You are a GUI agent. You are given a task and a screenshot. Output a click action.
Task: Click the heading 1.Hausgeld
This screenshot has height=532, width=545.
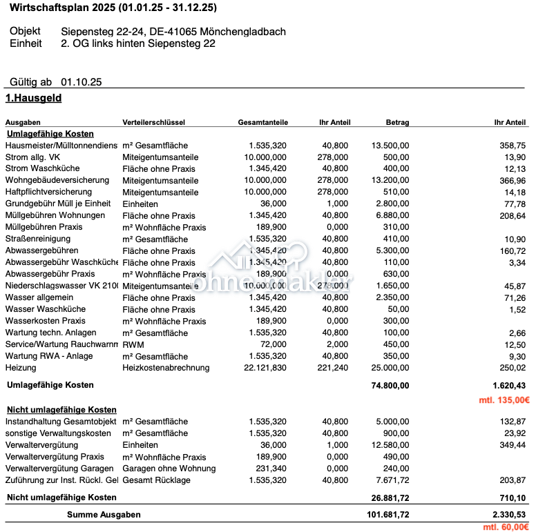pyautogui.click(x=33, y=99)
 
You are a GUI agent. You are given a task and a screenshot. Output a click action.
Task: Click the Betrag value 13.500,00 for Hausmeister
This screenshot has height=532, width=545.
pyautogui.click(x=390, y=146)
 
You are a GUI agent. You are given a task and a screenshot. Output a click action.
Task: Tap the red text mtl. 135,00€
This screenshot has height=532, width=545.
pyautogui.click(x=505, y=400)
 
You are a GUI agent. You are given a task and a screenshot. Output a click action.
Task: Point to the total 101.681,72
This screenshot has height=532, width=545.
pyautogui.click(x=388, y=515)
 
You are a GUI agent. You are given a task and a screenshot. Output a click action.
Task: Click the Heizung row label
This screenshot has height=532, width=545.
pyautogui.click(x=21, y=368)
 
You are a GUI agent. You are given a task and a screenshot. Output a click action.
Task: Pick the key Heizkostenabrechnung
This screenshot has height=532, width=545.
pyautogui.click(x=166, y=368)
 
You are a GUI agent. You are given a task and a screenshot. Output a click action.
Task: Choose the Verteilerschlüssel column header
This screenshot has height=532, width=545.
pyautogui.click(x=153, y=122)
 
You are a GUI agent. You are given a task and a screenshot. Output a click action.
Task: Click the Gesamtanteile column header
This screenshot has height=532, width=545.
pyautogui.click(x=262, y=122)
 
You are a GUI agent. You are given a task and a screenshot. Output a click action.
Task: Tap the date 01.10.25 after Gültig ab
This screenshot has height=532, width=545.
pyautogui.click(x=82, y=82)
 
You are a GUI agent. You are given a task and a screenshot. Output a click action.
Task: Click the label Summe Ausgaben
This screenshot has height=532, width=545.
pyautogui.click(x=104, y=515)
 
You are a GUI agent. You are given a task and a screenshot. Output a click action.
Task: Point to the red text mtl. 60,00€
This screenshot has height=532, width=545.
pyautogui.click(x=506, y=527)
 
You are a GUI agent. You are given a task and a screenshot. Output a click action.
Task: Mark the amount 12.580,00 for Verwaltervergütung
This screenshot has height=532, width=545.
pyautogui.click(x=390, y=445)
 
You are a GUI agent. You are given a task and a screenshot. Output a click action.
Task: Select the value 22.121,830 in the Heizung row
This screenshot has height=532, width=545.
pyautogui.click(x=265, y=368)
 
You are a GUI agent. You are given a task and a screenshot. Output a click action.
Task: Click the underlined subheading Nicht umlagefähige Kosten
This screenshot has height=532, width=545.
pyautogui.click(x=61, y=410)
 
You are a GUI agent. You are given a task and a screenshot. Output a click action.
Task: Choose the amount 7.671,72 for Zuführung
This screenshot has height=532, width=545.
pyautogui.click(x=393, y=480)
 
